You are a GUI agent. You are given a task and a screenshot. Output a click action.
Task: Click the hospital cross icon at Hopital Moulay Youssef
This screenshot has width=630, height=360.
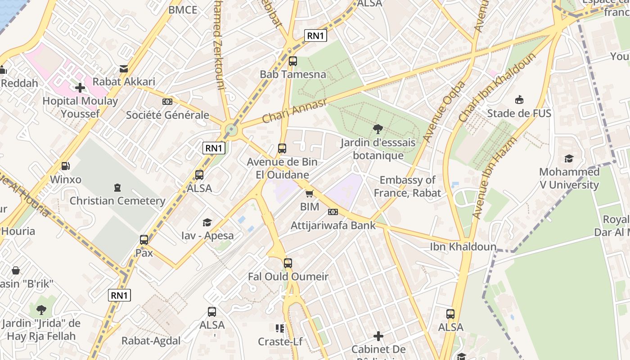(80, 87)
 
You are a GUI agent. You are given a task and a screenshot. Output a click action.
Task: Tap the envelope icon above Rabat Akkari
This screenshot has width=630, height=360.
(124, 69)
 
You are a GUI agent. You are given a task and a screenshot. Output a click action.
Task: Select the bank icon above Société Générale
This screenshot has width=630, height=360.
(167, 102)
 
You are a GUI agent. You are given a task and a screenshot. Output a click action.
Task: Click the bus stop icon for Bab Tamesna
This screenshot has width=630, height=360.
(293, 61)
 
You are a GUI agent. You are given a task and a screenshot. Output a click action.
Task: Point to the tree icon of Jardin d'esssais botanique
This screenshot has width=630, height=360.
(378, 130)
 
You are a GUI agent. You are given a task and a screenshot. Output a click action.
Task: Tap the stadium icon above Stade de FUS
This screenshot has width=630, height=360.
(519, 100)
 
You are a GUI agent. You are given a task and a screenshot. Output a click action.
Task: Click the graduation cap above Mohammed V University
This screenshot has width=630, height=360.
(569, 159)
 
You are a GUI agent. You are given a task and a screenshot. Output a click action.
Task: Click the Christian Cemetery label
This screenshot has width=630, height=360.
(117, 201)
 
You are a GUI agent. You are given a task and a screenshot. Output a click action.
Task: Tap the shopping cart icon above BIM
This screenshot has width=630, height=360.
(309, 194)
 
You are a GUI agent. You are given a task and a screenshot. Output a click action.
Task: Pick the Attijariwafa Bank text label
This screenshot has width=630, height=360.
(333, 225)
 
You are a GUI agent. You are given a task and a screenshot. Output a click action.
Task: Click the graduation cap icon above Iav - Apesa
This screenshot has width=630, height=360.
(207, 222)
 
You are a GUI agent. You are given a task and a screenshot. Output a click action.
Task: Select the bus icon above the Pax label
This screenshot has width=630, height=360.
(144, 240)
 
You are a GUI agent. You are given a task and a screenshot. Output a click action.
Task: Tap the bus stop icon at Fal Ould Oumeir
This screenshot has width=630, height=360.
(288, 263)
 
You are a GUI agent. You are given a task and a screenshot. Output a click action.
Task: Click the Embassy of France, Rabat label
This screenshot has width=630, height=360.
(407, 186)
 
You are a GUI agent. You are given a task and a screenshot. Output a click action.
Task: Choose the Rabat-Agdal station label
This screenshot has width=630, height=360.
(151, 341)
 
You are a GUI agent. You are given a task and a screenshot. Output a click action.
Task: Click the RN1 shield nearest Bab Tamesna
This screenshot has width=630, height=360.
(315, 36)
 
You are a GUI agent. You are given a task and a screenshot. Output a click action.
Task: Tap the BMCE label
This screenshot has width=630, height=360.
(183, 10)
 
